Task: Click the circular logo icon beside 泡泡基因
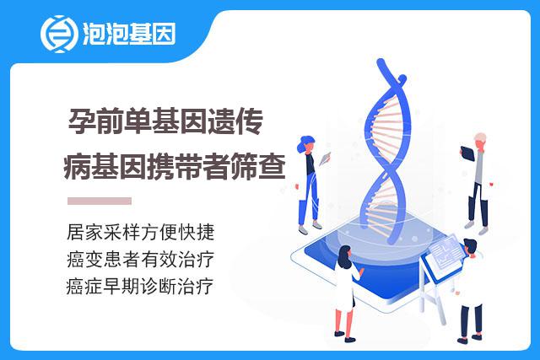pos(58,34)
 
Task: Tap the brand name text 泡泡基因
pos(129,34)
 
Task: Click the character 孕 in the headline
pos(82,121)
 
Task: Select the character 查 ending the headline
pos(272,167)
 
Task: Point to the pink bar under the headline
pos(100,201)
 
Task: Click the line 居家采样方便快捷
pos(141,232)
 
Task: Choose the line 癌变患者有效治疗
pos(141,259)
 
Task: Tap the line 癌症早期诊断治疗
pos(140,287)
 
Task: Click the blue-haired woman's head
pos(305,144)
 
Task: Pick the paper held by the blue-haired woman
pos(324,159)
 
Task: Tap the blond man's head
pos(480,140)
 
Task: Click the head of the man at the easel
pos(471,247)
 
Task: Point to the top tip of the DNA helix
pos(381,62)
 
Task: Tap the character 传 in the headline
pos(250,121)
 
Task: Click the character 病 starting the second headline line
pos(78,167)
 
